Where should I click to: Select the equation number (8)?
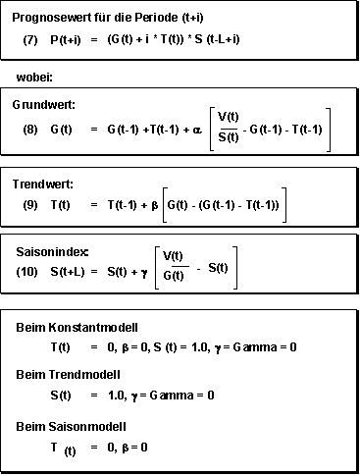click(30, 129)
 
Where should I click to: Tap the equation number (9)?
click(30, 204)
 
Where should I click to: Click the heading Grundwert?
click(43, 103)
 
